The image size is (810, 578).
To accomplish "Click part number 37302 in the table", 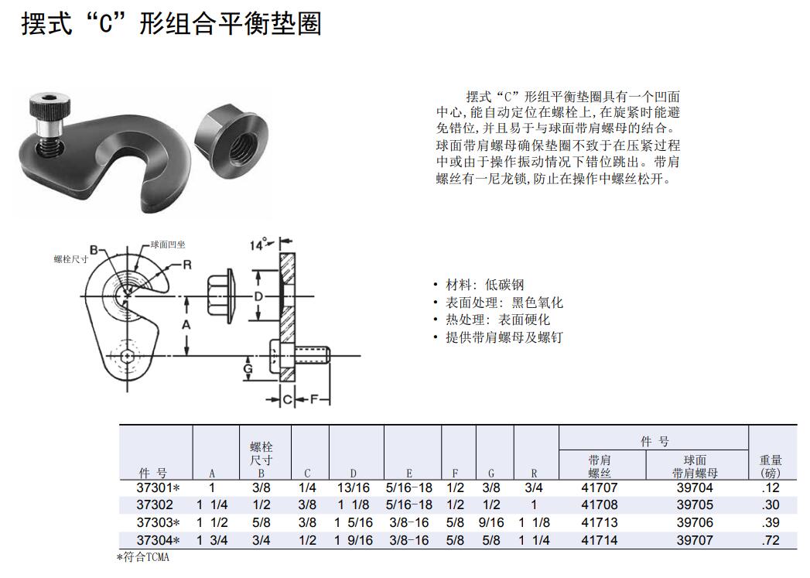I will click(x=154, y=504).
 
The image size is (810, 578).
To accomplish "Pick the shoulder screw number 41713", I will click(x=599, y=522).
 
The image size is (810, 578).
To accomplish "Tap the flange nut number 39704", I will click(x=694, y=487).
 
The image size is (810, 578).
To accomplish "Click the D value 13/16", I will click(x=354, y=487).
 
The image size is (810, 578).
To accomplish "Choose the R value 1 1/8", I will click(x=534, y=522).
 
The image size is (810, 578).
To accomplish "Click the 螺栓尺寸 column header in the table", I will click(x=261, y=454).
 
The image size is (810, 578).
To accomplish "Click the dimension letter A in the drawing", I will click(x=186, y=326).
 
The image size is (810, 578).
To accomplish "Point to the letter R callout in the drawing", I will click(x=186, y=265).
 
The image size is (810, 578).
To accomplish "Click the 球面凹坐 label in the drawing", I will click(x=168, y=244).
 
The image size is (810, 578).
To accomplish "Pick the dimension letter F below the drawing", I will click(x=314, y=400).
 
